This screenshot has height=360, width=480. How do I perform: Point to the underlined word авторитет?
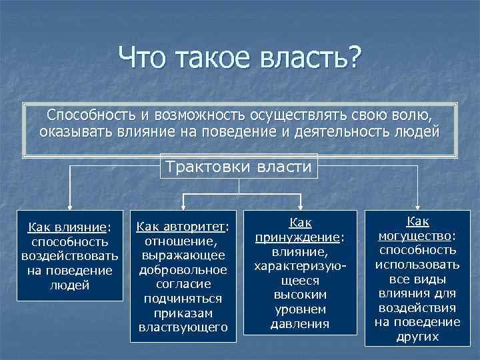pyautogui.click(x=197, y=227)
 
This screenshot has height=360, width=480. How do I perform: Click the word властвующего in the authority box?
pyautogui.click(x=183, y=327)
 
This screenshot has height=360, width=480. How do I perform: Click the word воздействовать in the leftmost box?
pyautogui.click(x=70, y=257)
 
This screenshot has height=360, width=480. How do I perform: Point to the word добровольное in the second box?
pyautogui.click(x=183, y=270)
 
